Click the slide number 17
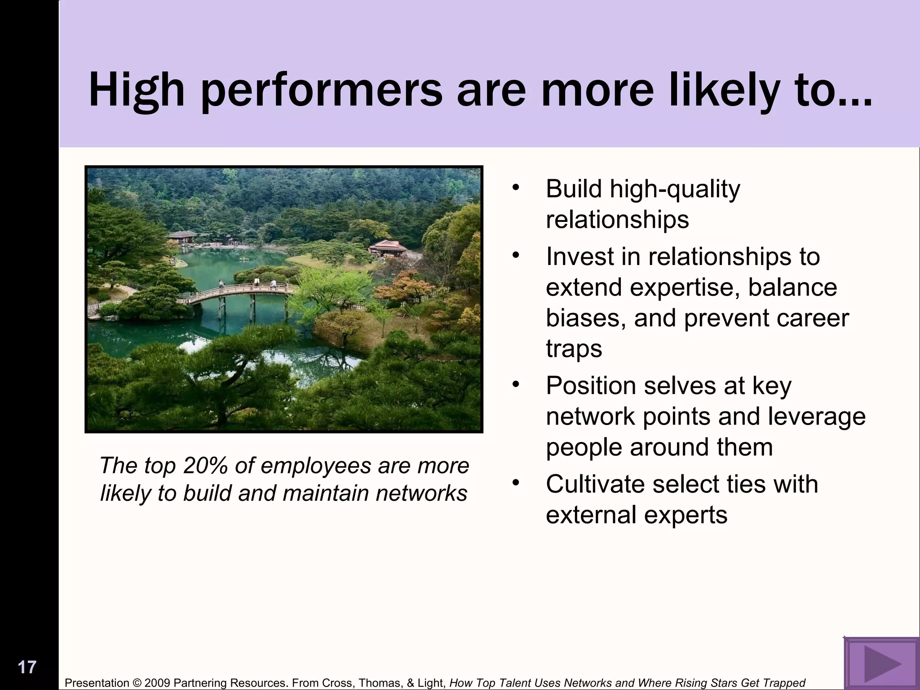(27, 667)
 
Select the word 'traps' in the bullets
(574, 349)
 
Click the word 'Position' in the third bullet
(591, 386)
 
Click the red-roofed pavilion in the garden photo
(387, 247)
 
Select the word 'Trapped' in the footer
(787, 683)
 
